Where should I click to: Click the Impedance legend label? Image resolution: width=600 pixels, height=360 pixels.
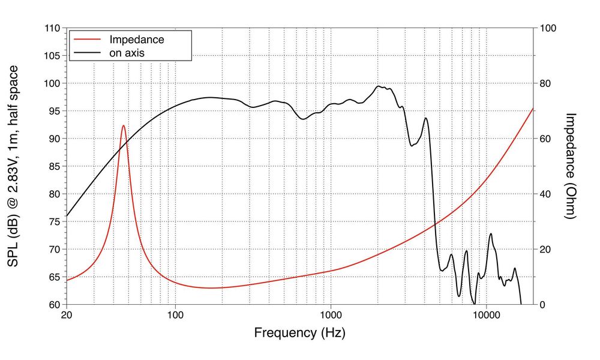(136, 40)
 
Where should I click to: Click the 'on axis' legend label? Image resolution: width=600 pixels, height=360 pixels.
(127, 53)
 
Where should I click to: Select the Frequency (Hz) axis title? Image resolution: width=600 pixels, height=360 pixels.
(299, 332)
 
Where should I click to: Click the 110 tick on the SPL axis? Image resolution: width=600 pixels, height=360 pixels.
(52, 28)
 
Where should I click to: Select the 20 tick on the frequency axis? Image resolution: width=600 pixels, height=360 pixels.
(67, 314)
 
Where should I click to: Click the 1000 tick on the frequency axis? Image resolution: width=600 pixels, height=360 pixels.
(331, 314)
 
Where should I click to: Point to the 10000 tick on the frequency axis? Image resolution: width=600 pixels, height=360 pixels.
(486, 314)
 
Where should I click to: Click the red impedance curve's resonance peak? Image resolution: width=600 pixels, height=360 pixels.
(124, 125)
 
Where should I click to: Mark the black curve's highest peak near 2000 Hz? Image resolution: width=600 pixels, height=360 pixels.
(379, 86)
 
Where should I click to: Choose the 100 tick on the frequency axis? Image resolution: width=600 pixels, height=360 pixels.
(175, 314)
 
